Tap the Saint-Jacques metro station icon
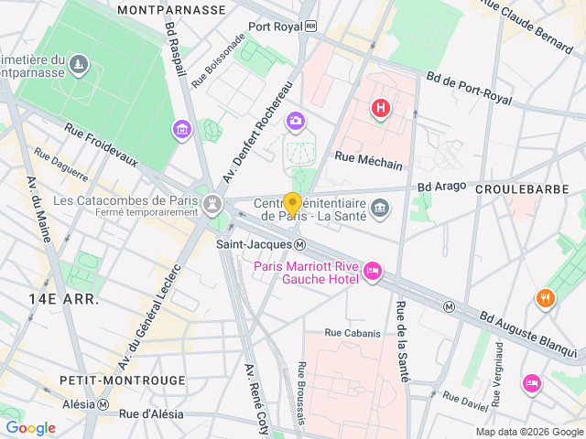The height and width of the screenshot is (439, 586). click(300, 244)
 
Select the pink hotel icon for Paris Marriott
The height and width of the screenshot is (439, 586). click(373, 272)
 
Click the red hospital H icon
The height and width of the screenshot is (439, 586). click(380, 110)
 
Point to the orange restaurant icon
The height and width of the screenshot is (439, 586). click(546, 298)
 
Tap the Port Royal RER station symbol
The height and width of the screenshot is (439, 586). click(311, 27)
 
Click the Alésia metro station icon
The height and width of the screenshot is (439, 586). click(103, 404)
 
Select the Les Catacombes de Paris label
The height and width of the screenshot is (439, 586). click(125, 200)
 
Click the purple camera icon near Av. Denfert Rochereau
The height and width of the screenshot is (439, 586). click(295, 121)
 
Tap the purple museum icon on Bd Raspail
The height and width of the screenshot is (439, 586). click(182, 129)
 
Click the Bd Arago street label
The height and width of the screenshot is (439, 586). click(437, 187)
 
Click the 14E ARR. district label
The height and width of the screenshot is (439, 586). click(63, 299)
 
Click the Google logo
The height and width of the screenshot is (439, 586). click(30, 428)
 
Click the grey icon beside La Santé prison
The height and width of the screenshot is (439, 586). click(380, 210)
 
